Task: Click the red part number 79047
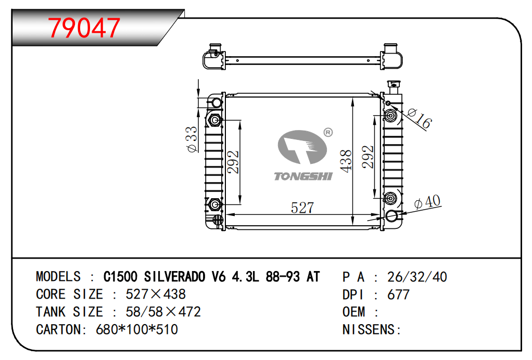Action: pos(84,28)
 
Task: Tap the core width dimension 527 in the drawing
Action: pos(302,208)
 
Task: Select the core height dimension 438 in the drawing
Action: pos(346,161)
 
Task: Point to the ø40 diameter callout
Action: pos(427,202)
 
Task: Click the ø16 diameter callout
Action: pos(420,119)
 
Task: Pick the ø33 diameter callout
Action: pos(192,139)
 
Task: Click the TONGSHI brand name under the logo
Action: pos(303,176)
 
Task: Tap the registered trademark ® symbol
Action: pos(328,133)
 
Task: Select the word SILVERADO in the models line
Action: pos(175,277)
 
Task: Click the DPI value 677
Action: pos(398,294)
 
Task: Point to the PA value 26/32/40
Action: pos(417,277)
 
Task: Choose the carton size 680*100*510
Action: pos(137,329)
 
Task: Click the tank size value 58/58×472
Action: pos(163,312)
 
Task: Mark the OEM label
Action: pos(354,312)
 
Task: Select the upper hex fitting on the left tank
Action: pos(214,120)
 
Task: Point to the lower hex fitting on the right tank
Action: pos(390,198)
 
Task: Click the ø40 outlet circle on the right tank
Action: pos(391,216)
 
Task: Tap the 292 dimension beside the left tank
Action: pos(233,162)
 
